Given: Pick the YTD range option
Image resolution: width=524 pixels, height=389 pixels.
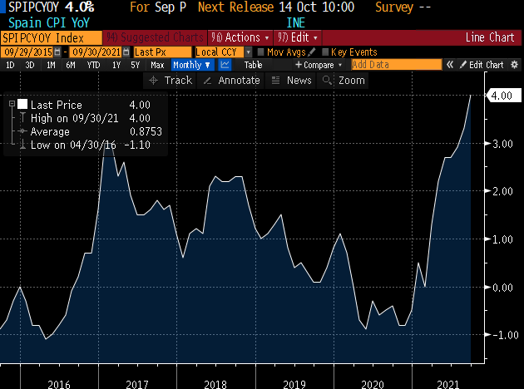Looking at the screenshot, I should point(93,65).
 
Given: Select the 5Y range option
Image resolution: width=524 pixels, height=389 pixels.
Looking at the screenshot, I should point(134,65).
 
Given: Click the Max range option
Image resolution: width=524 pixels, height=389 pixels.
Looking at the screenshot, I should point(156,65).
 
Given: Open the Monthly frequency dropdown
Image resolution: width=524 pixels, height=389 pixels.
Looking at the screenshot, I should point(191,65).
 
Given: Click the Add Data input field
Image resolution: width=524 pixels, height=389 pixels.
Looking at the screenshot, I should point(396,65).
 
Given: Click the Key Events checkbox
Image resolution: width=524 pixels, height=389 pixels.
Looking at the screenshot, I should point(326,52).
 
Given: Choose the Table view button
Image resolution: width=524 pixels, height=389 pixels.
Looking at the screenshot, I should point(253,65).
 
